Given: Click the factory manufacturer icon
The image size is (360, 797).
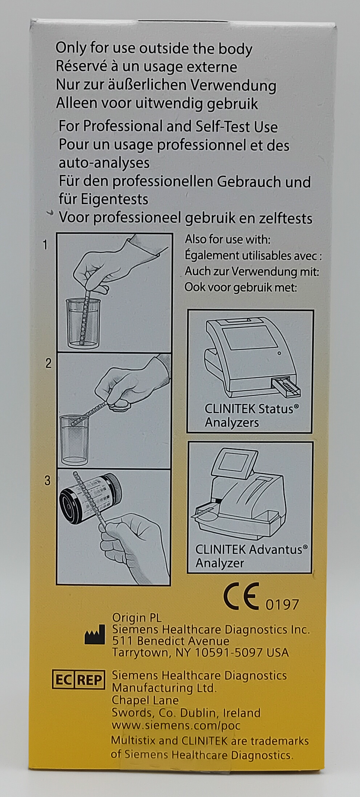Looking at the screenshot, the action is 94,637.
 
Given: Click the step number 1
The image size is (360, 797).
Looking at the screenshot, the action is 45,245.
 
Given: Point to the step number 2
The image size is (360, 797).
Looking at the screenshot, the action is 48,363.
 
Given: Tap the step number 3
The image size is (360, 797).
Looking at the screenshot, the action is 48,481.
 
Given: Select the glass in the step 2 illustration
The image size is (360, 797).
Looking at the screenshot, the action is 75,440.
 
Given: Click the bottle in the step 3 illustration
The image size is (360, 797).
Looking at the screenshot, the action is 91,498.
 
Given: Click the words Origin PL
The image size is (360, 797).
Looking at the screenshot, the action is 137,618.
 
